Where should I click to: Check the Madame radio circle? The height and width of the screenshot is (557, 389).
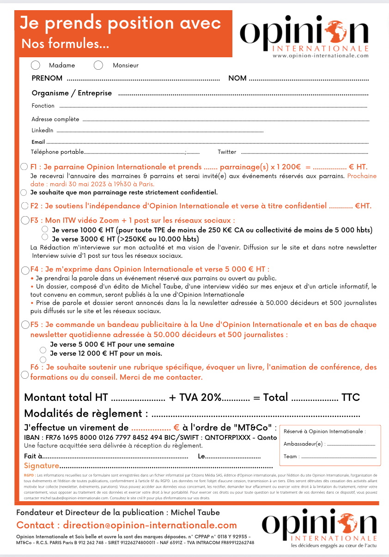[x=35, y=65]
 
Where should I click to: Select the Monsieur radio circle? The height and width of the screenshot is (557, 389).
[x=98, y=65]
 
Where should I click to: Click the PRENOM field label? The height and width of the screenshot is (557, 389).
[x=47, y=79]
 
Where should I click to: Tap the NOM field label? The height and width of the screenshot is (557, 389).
[x=237, y=79]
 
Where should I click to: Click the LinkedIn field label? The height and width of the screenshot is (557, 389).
[x=42, y=130]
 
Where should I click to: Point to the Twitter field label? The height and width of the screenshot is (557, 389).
[x=227, y=152]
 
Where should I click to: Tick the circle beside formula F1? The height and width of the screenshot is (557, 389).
[x=24, y=167]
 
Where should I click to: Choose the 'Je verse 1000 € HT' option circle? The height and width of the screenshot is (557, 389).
[x=45, y=230]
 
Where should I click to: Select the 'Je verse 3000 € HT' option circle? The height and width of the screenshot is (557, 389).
[x=45, y=237]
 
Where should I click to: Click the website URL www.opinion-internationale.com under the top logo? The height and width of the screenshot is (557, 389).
[x=320, y=55]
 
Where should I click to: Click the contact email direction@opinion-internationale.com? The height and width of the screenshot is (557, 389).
[x=150, y=525]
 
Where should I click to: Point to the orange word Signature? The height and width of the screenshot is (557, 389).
[x=41, y=466]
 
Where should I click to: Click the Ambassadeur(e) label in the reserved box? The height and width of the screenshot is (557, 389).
[x=304, y=444]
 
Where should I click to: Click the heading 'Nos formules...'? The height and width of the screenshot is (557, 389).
[x=65, y=44]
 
